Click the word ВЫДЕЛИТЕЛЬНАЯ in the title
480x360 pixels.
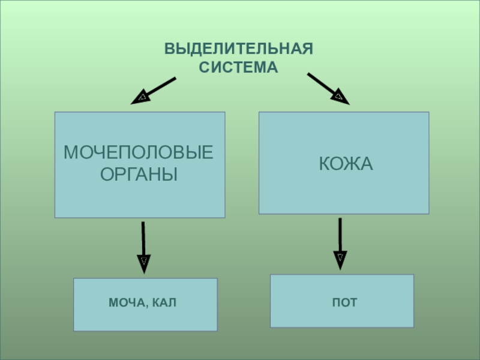point(239,49)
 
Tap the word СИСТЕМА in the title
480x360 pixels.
point(239,68)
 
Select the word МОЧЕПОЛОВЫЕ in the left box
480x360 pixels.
point(139,153)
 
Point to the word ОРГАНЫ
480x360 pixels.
point(139,175)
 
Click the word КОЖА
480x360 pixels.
point(346,163)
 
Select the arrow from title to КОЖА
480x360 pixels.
point(328,88)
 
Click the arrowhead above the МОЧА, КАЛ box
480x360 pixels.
point(144,262)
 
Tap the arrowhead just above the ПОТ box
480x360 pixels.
point(340,259)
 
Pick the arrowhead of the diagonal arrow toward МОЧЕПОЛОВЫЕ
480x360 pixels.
point(141,97)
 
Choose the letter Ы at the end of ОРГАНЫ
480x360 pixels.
point(170,175)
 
